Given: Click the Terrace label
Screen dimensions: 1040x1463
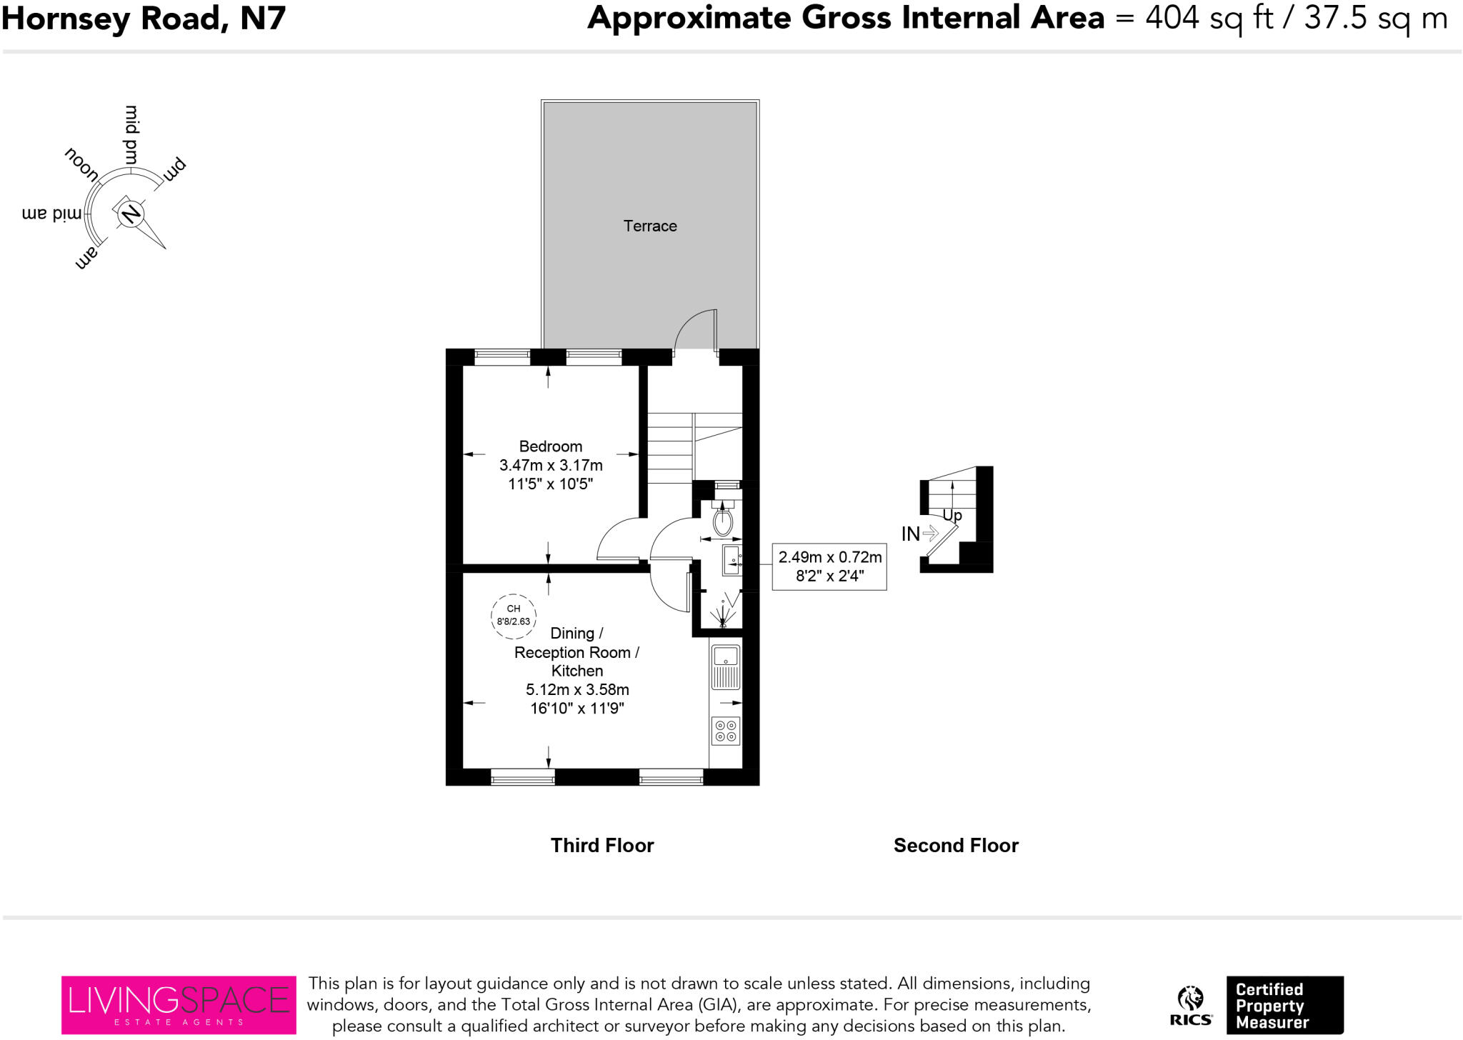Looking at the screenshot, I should [x=649, y=226].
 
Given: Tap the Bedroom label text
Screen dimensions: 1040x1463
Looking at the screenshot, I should [x=550, y=446].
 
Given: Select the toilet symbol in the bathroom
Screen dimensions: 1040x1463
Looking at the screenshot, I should [x=723, y=520].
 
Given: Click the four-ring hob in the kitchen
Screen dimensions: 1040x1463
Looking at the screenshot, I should [x=726, y=731].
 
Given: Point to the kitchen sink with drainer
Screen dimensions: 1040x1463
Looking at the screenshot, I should [x=726, y=667].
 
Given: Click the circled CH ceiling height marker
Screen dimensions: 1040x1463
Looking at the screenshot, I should [x=514, y=615].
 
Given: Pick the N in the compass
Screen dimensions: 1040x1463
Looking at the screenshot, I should [x=130, y=214].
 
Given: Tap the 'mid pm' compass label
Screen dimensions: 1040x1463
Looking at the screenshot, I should [x=131, y=134].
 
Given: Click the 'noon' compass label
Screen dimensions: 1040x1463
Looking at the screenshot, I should [x=81, y=164].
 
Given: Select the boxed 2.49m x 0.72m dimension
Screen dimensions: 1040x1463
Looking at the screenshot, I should [x=829, y=566].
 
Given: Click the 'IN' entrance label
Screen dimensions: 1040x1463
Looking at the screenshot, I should [x=910, y=534].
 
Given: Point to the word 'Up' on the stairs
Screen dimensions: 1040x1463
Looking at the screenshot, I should [x=952, y=515].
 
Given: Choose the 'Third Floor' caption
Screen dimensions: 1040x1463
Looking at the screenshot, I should [x=602, y=846].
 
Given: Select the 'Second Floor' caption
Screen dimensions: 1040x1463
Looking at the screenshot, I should [x=956, y=846].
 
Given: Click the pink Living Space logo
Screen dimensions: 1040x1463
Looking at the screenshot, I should [x=179, y=1004].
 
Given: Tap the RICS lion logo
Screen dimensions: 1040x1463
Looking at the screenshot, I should [x=1191, y=1005].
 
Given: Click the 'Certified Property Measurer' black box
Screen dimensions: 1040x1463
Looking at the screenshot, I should [x=1284, y=1005].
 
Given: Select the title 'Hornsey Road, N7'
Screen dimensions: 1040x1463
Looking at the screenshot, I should [x=144, y=19].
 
